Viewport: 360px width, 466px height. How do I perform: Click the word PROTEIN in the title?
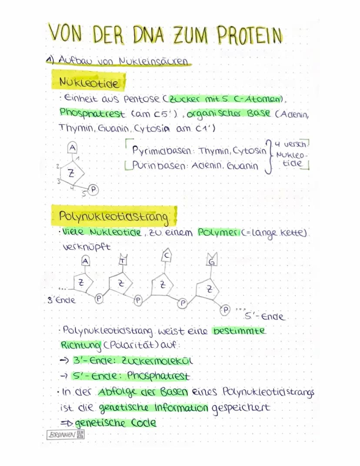(249, 36)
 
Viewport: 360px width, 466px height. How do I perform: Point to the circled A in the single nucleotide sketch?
(73, 148)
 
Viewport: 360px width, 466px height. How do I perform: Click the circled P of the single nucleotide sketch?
(93, 189)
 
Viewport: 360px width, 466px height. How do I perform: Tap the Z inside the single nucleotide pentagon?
(71, 173)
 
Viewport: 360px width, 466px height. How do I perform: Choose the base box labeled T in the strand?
(122, 260)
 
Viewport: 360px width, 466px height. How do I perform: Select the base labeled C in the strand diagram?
(167, 256)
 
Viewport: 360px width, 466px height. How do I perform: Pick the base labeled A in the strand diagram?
(86, 261)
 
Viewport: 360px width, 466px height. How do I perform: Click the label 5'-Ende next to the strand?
(264, 316)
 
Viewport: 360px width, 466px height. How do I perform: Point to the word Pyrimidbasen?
(162, 151)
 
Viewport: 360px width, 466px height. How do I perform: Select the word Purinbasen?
(159, 165)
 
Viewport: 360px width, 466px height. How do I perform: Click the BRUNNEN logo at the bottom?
(66, 435)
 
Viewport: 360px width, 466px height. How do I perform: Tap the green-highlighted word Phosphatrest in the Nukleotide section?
(92, 114)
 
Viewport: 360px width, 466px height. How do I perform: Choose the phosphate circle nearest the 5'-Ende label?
(226, 310)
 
